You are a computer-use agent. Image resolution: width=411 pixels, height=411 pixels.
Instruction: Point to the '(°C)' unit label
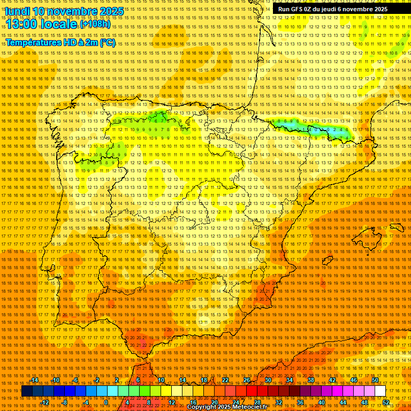(108, 42)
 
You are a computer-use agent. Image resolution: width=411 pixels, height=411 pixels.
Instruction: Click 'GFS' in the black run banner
(299, 9)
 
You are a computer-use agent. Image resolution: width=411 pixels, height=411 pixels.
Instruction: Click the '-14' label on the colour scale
(35, 380)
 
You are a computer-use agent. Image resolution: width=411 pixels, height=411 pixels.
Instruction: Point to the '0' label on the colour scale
(106, 402)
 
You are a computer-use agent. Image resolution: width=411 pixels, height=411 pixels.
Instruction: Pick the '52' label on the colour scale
(386, 402)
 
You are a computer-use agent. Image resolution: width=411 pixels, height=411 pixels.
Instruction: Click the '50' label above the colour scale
(375, 380)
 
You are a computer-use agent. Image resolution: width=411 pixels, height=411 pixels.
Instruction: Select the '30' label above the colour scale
(268, 380)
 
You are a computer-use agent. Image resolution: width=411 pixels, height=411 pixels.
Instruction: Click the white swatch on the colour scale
(380, 391)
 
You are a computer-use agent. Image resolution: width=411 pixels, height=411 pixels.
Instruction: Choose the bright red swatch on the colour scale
(252, 391)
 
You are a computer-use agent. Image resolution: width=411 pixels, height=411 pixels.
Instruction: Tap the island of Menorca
(397, 227)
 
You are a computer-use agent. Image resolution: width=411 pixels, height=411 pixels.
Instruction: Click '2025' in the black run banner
(380, 9)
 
